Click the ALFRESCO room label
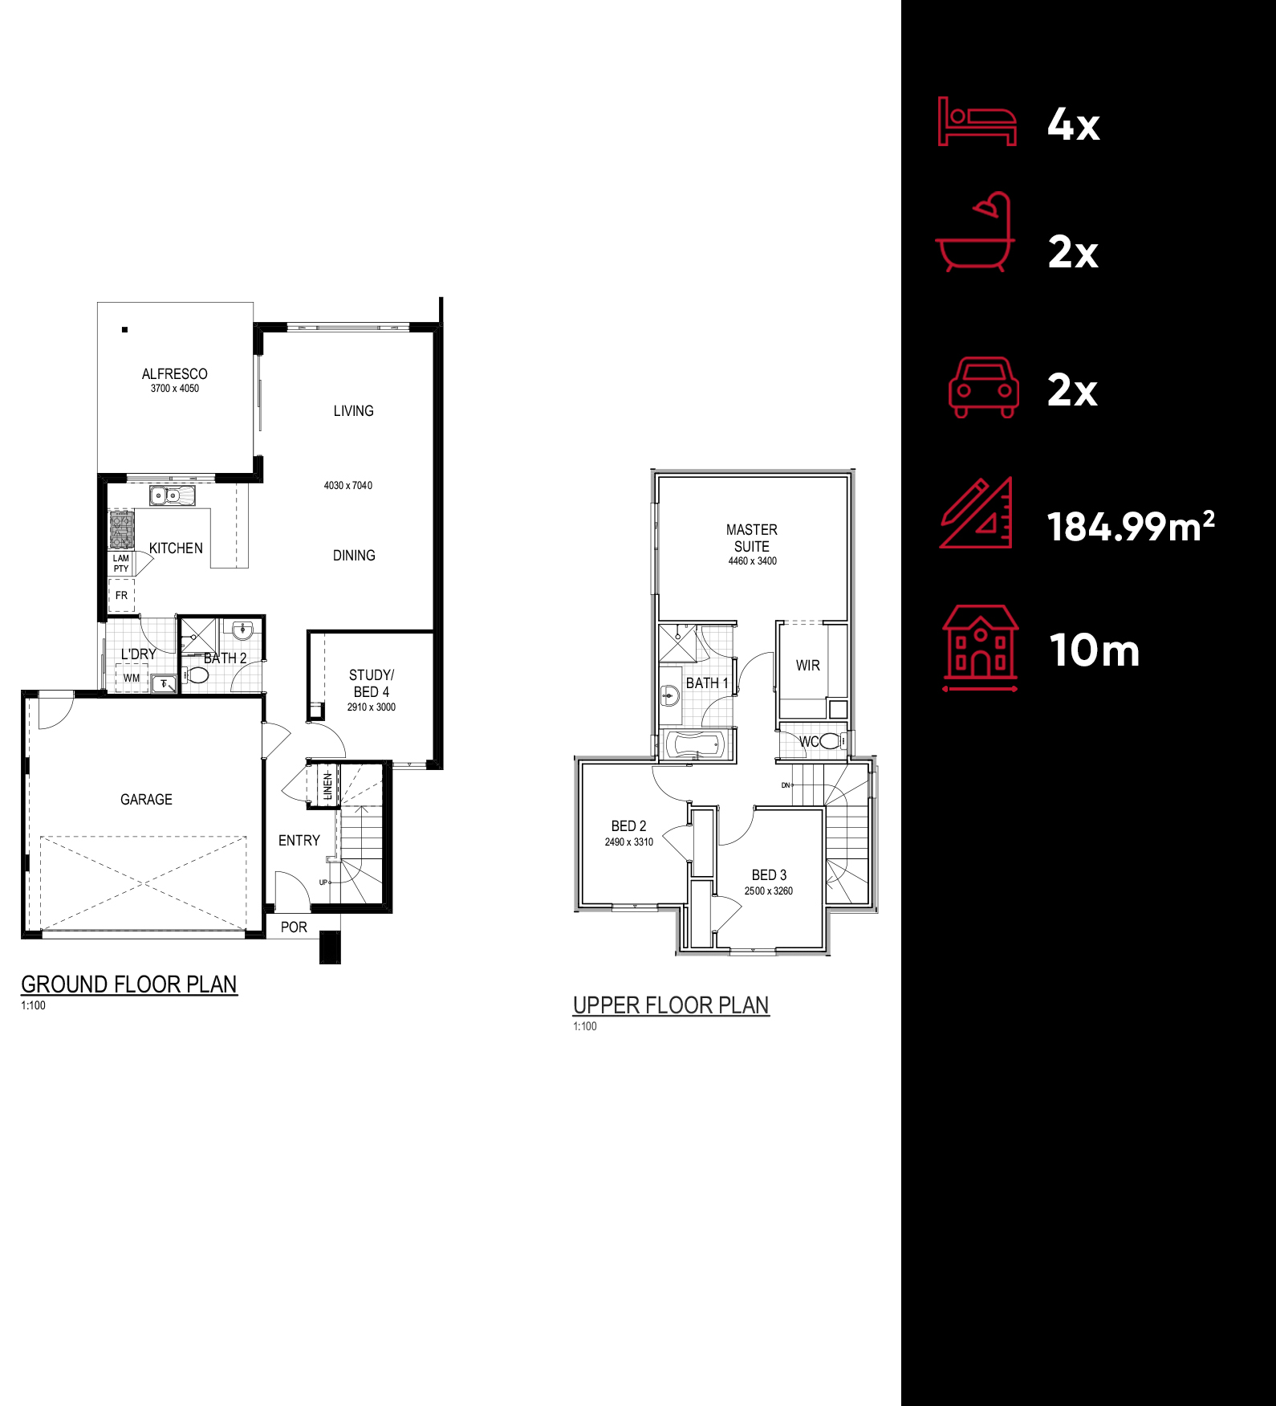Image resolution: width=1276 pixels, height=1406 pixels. click(174, 374)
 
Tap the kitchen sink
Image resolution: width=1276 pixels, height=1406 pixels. click(172, 495)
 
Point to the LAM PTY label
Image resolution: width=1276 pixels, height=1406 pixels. click(120, 563)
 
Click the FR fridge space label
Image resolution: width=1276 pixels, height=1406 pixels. click(121, 595)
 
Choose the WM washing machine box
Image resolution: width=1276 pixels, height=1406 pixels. click(132, 679)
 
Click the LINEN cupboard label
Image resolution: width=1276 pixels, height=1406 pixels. click(327, 785)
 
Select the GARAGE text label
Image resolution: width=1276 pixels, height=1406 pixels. click(146, 800)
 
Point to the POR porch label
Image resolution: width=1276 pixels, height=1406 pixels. click(294, 927)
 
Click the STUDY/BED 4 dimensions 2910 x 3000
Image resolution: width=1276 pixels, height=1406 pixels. click(371, 707)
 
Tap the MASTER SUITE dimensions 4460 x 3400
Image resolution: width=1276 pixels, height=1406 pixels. click(752, 561)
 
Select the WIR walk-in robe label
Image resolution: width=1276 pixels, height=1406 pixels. click(808, 666)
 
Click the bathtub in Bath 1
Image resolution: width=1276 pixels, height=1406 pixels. click(696, 745)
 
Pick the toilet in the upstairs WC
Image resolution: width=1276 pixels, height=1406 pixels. click(831, 740)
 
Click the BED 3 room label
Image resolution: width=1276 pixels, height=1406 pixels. click(769, 875)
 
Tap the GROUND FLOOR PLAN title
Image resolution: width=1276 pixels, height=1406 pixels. click(129, 984)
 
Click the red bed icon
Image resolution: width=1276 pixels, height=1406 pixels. click(977, 121)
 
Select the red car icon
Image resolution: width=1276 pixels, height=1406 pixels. click(984, 388)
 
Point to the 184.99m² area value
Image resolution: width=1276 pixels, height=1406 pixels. click(1131, 527)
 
